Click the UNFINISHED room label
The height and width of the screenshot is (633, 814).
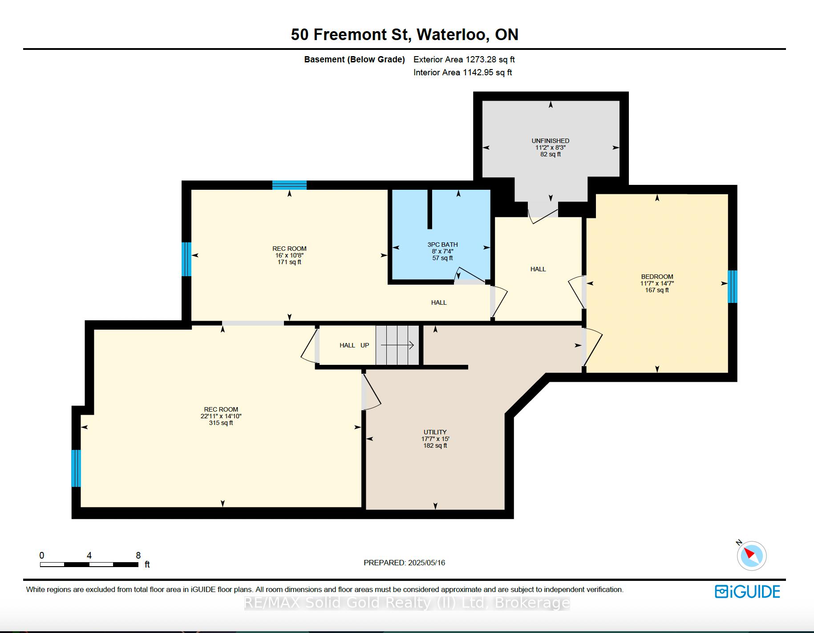pos(551,141)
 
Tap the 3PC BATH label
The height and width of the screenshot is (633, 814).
pos(442,245)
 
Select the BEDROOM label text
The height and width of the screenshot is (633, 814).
pos(657,277)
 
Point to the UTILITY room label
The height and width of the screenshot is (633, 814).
pos(435,432)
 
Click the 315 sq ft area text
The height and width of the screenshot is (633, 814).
pos(221,423)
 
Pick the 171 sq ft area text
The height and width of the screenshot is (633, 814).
pos(289,262)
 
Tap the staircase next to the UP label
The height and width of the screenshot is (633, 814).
pos(397,345)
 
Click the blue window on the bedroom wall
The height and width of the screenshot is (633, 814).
pos(732,286)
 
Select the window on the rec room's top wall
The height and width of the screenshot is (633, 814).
pos(289,185)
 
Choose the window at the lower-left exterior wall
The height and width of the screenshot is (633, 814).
pos(76,468)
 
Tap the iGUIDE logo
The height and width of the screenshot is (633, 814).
pos(747,592)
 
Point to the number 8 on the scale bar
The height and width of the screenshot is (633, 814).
pos(138,555)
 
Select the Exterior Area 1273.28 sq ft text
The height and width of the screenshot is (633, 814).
pos(464,59)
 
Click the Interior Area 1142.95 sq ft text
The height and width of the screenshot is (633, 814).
pos(462,72)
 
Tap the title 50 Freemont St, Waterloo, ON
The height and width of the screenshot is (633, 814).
pos(405,35)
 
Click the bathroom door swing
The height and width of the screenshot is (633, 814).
pos(470,276)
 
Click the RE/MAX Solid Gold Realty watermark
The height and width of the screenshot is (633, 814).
pos(407,603)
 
